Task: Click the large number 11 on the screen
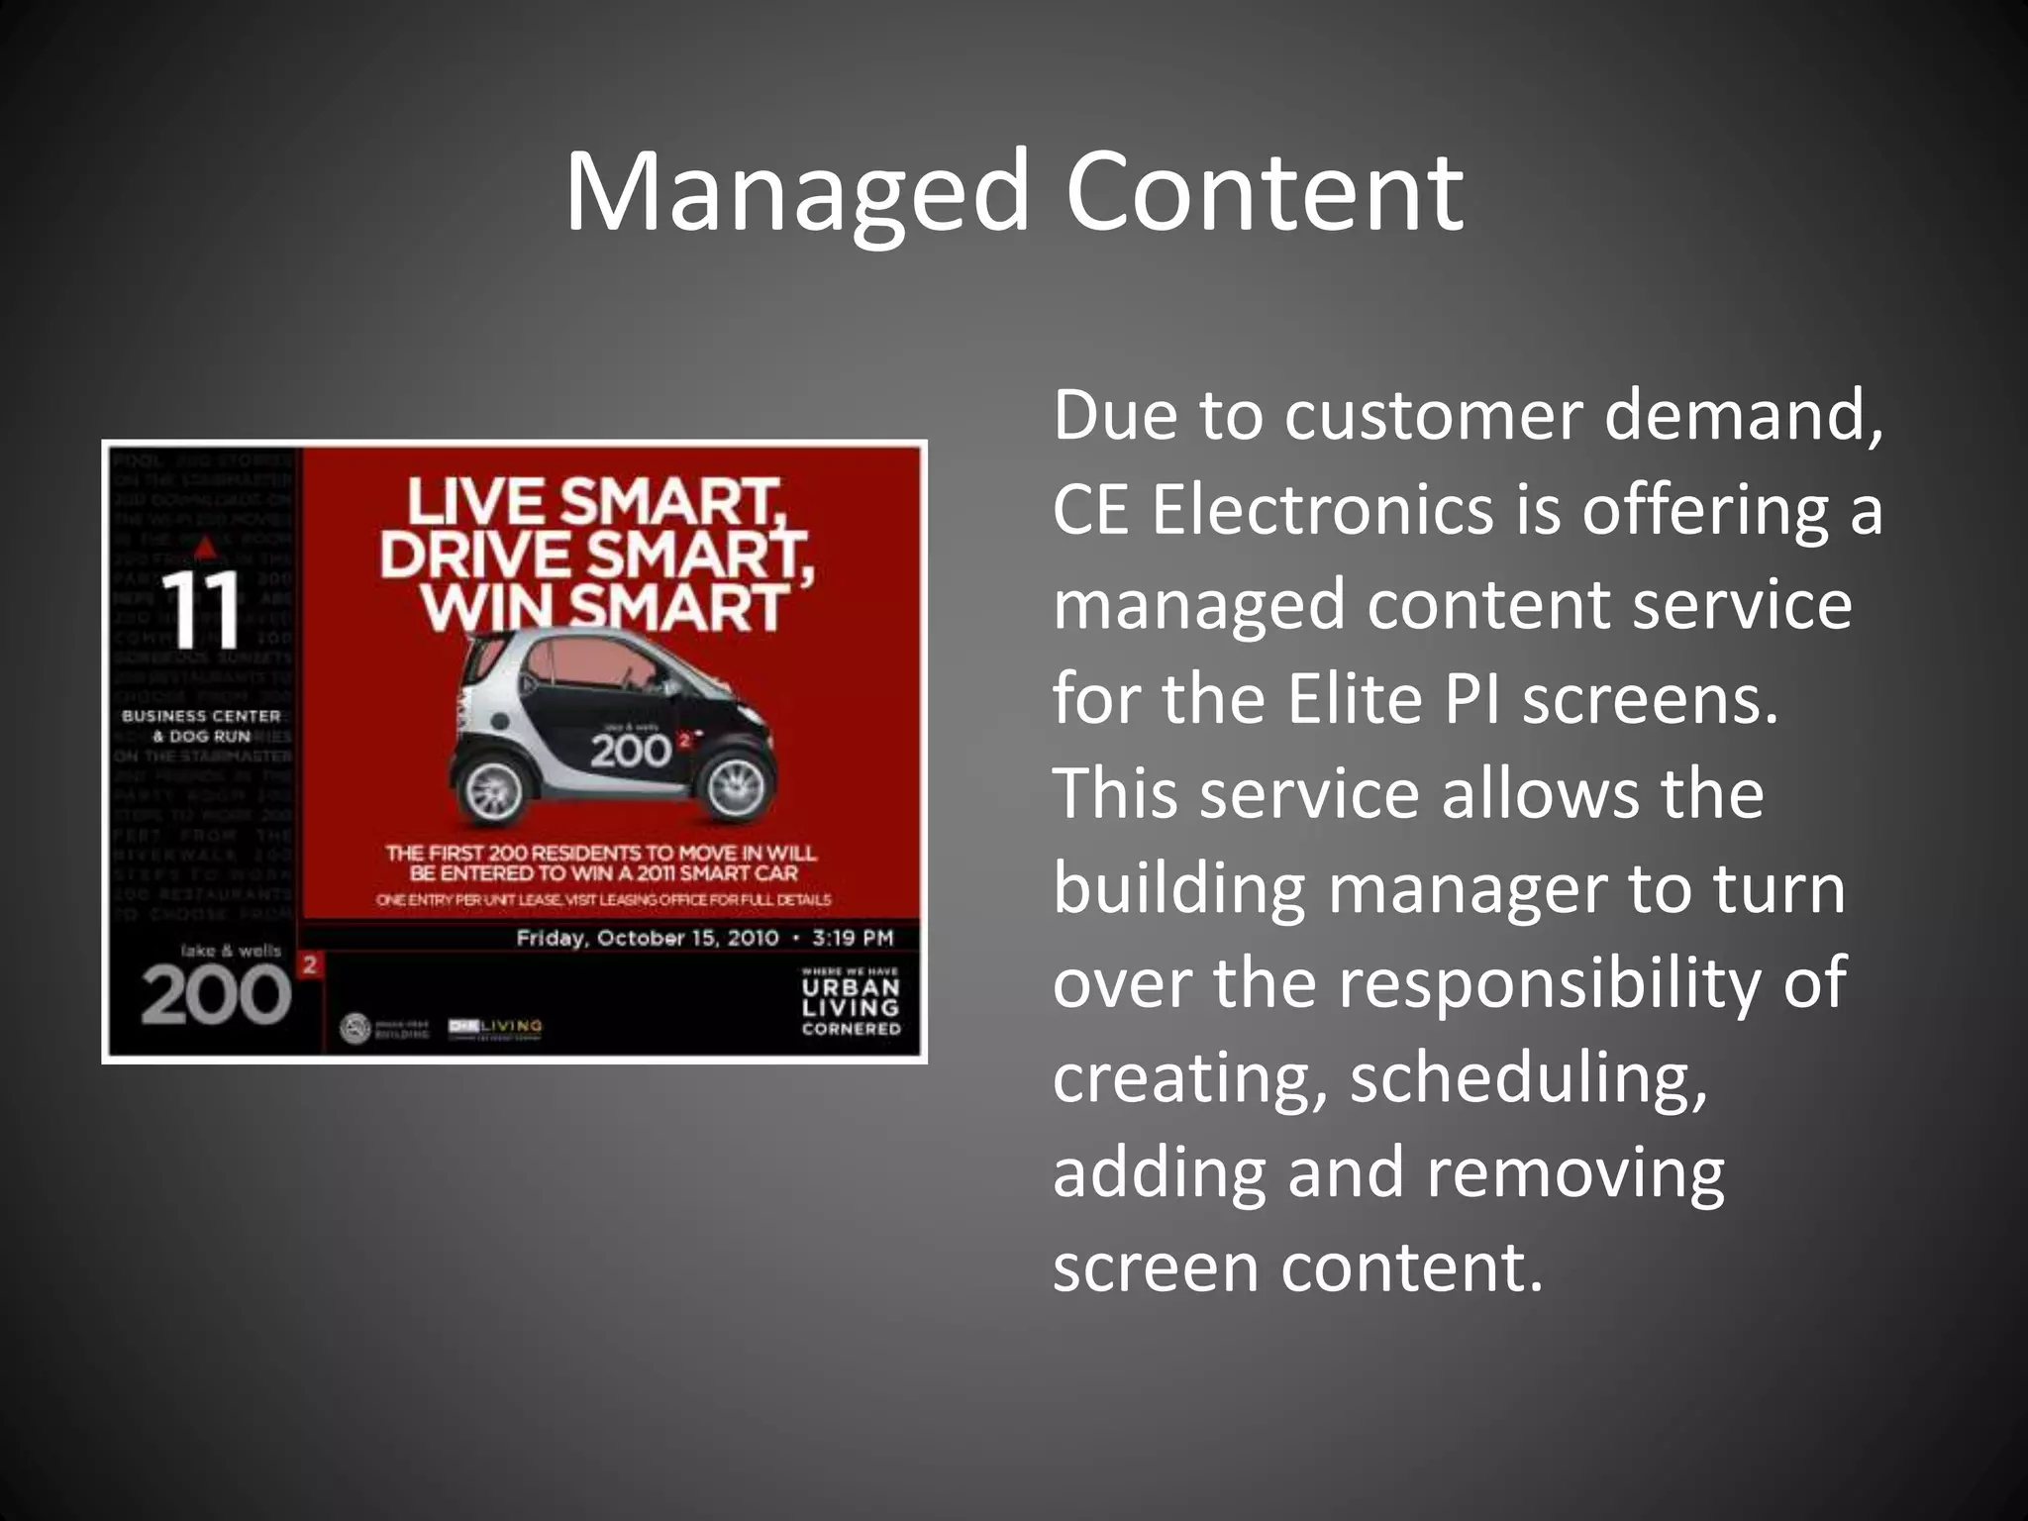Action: click(x=201, y=608)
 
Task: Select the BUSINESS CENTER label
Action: click(x=201, y=716)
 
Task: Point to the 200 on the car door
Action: click(x=631, y=751)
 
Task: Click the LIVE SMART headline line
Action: click(x=595, y=501)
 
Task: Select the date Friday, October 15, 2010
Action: click(x=647, y=938)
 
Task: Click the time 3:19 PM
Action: click(x=853, y=938)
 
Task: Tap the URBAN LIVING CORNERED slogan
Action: click(x=851, y=1007)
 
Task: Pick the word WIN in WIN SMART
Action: click(x=481, y=607)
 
